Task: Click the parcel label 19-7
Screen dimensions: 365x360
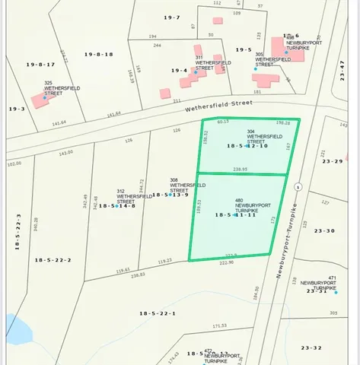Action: point(172,17)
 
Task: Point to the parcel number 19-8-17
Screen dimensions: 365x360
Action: point(42,65)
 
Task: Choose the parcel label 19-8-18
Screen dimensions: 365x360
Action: point(98,54)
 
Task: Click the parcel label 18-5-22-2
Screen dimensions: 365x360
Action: point(53,260)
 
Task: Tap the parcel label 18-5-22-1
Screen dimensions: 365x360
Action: point(158,313)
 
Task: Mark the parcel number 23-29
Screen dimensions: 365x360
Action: point(333,161)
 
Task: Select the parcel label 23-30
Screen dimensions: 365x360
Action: point(325,230)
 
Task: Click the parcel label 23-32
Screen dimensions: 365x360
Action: point(311,348)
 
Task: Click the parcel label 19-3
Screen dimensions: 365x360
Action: point(17,109)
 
